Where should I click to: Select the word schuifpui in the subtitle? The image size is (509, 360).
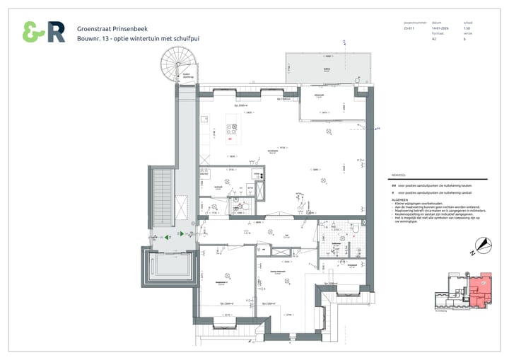click(184, 38)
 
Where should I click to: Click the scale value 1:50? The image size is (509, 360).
click(467, 28)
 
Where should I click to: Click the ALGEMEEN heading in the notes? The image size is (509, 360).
click(400, 200)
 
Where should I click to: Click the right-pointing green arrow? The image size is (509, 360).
click(181, 233)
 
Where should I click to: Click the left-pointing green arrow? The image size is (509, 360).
click(167, 238)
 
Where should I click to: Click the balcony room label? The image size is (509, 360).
click(327, 69)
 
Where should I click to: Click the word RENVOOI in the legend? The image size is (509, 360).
click(398, 173)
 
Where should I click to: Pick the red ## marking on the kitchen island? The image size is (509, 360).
click(230, 139)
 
